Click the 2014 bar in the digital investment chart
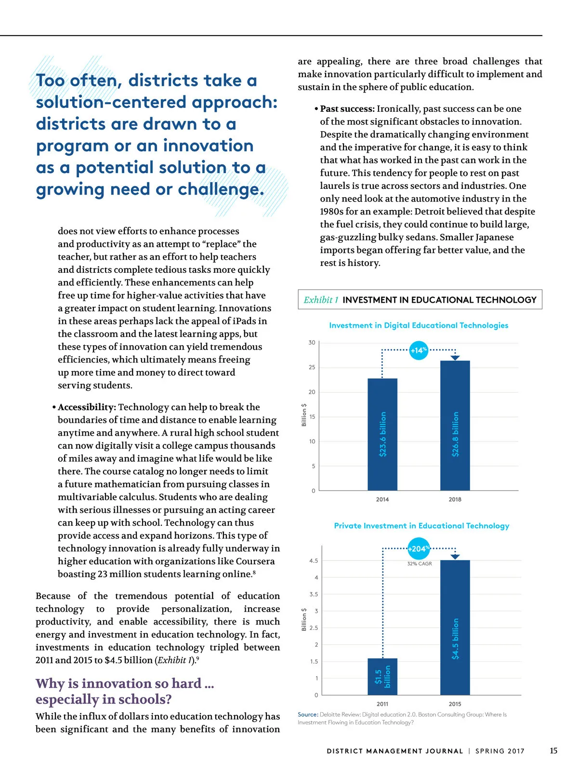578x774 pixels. (382, 434)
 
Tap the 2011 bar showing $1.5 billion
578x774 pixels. (382, 677)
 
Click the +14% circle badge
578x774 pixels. (419, 350)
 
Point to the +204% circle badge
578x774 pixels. (419, 549)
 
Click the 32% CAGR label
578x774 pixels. (420, 563)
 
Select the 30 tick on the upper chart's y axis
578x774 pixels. (312, 343)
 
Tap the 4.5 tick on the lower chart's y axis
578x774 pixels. (314, 561)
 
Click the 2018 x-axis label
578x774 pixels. (455, 499)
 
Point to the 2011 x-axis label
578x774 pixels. (382, 704)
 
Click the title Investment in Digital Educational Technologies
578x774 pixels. (419, 325)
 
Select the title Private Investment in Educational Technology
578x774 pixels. (421, 526)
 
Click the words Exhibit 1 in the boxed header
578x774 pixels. (321, 300)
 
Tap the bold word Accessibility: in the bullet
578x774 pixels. (87, 407)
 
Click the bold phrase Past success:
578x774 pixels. (347, 109)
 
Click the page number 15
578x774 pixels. (553, 750)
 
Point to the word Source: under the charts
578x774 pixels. (308, 715)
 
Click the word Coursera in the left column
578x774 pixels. (255, 561)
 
